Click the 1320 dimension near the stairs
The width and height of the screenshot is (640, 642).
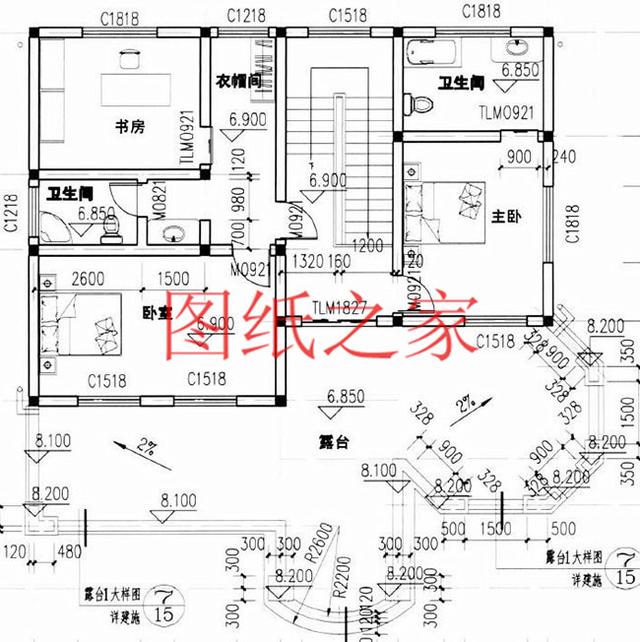[306, 262]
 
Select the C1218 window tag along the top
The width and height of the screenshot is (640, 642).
[245, 15]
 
